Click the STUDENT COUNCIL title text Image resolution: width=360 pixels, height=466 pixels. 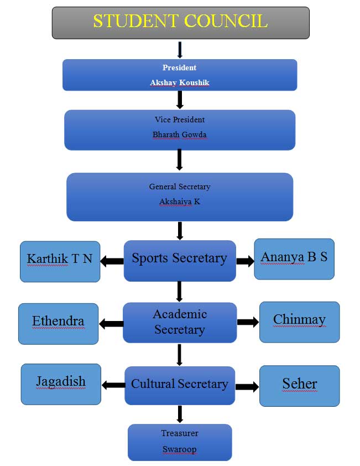(x=180, y=22)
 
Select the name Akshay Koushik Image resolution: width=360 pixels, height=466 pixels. (x=180, y=82)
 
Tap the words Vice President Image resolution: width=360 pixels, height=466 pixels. (x=180, y=120)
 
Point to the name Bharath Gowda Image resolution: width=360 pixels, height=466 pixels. (x=180, y=134)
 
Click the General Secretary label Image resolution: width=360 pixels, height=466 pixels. (x=180, y=187)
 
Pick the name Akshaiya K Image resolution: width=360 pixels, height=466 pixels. (x=180, y=202)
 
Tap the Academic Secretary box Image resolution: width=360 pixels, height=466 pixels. (x=180, y=322)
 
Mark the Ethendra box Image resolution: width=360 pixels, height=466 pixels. (x=58, y=324)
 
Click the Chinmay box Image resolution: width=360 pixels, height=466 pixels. (x=299, y=322)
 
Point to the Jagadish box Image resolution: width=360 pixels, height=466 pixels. (x=61, y=384)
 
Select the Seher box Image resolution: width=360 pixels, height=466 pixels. (x=299, y=386)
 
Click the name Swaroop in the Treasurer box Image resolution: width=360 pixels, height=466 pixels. (x=179, y=449)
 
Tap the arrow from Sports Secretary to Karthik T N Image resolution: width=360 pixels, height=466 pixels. (x=112, y=261)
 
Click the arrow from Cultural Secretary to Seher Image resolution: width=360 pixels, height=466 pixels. (x=247, y=387)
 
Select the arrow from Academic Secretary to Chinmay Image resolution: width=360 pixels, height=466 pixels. (x=248, y=322)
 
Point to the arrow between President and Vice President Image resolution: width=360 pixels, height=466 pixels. (x=180, y=100)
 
